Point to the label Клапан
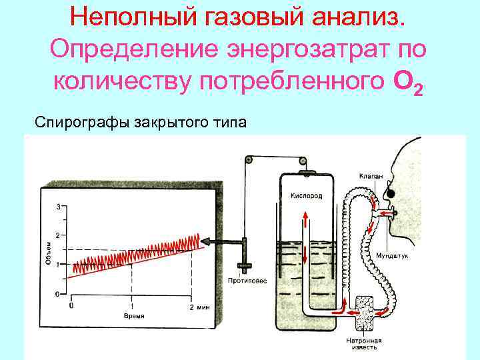pos(369,177)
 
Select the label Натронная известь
pos(363,343)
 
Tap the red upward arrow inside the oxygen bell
pos(306,221)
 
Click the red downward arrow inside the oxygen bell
pos(306,254)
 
